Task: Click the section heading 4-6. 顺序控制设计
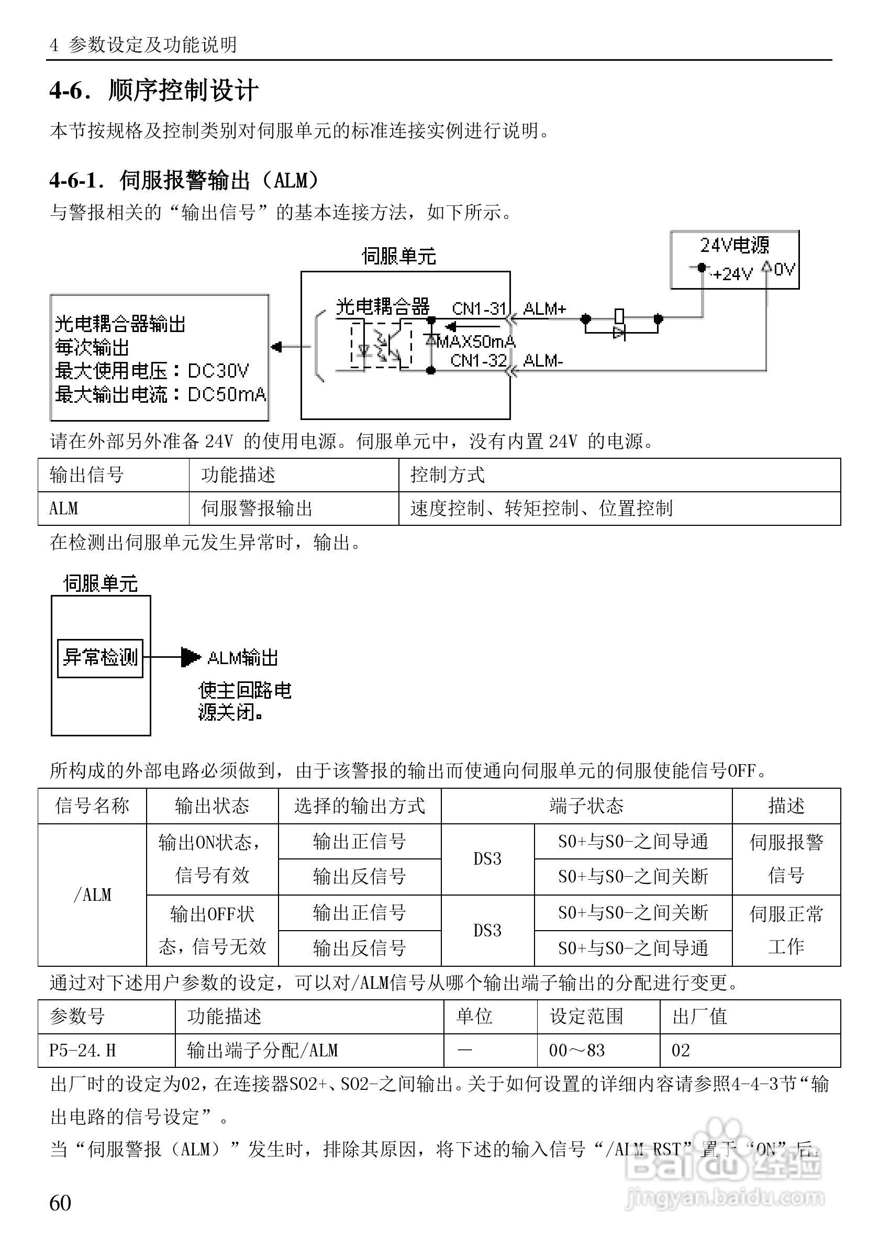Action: [x=153, y=90]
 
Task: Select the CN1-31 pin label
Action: [x=479, y=309]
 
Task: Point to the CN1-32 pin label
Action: [x=479, y=360]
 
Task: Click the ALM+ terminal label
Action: [x=544, y=309]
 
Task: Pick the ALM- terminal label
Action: [x=543, y=361]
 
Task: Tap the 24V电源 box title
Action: [x=734, y=246]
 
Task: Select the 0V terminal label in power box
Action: [x=784, y=269]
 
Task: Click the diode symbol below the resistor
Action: [x=619, y=333]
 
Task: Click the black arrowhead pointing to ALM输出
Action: [x=190, y=657]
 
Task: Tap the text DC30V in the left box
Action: [x=218, y=371]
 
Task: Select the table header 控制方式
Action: [x=448, y=475]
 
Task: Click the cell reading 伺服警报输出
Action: [x=257, y=509]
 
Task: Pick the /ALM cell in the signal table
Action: [x=92, y=895]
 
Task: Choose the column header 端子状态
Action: [x=586, y=806]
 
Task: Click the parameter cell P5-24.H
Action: [x=83, y=1051]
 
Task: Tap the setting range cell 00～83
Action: [x=576, y=1051]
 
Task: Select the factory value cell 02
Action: [x=681, y=1051]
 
